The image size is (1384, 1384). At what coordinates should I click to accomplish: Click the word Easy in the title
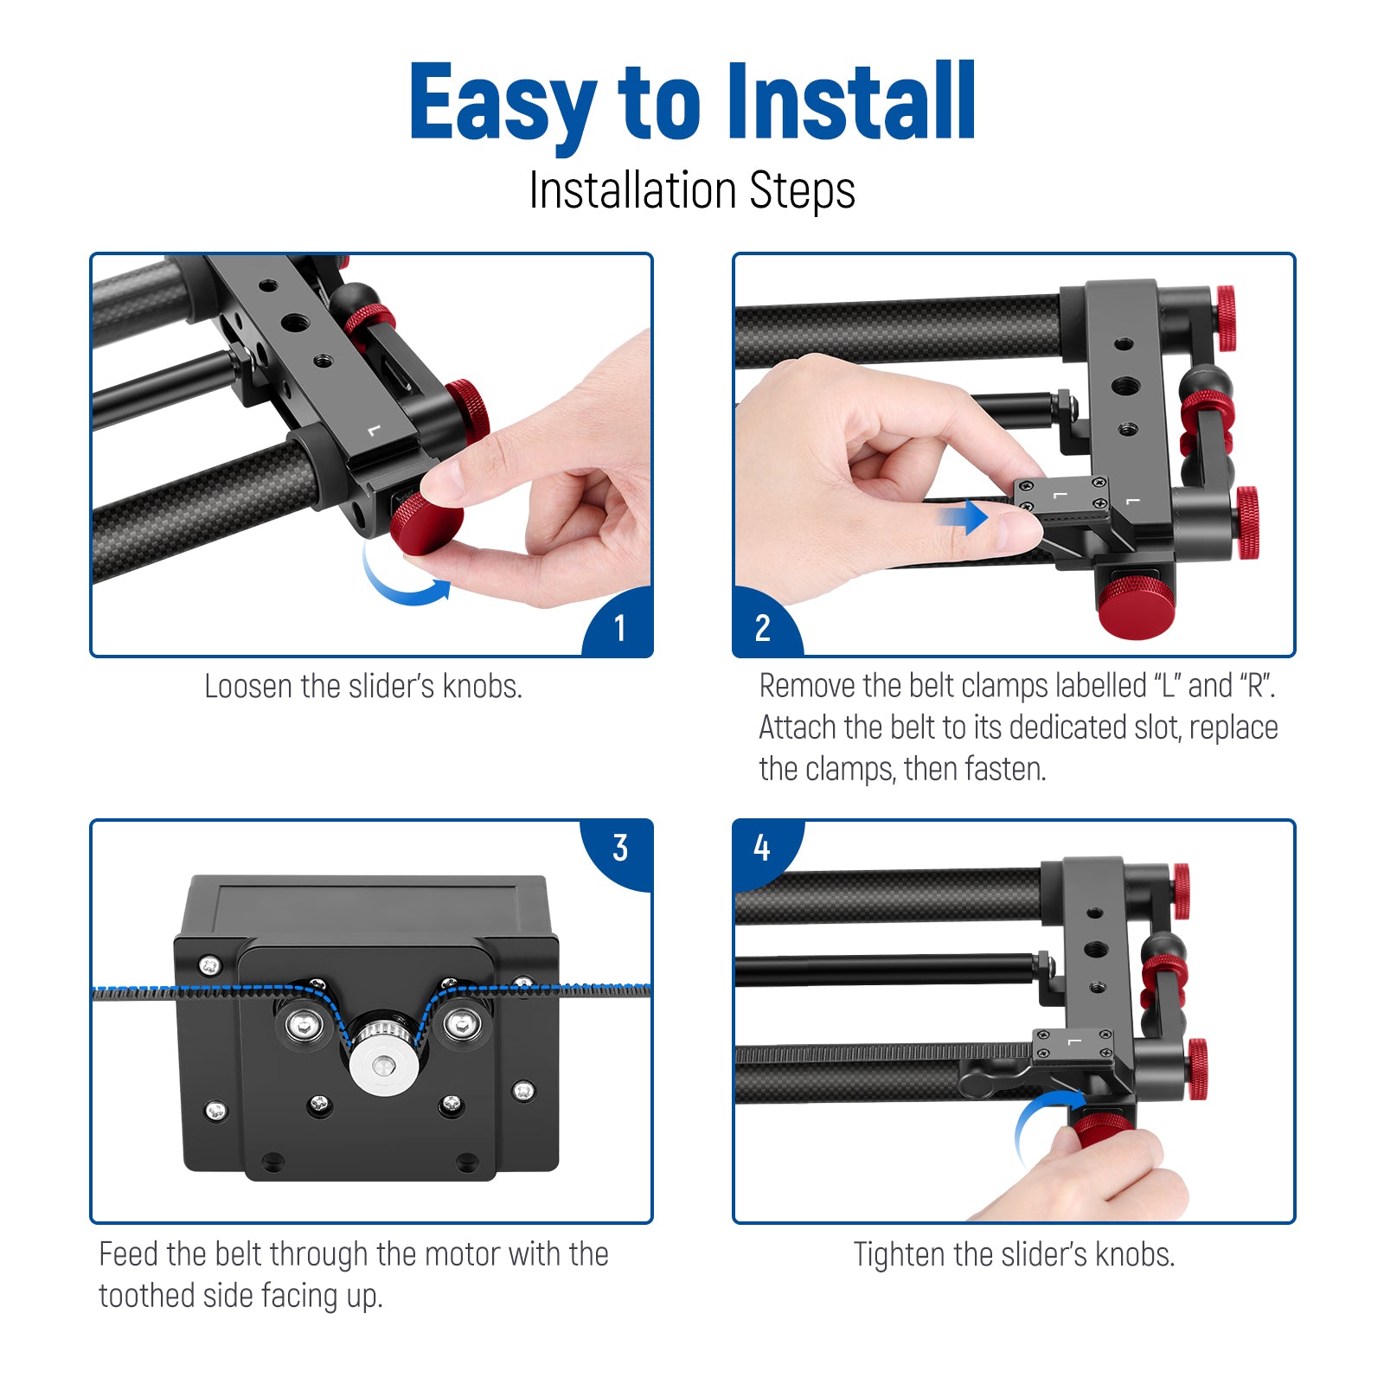(x=503, y=103)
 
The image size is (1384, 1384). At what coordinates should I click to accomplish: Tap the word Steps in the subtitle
(x=802, y=191)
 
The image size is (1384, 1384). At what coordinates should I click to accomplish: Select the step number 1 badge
(x=619, y=625)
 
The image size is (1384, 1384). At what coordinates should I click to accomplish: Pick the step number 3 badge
(x=618, y=851)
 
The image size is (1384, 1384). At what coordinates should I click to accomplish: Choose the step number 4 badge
(x=764, y=851)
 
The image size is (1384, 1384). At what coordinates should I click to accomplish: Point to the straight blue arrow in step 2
(x=964, y=517)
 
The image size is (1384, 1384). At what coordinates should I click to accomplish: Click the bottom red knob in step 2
(x=1136, y=606)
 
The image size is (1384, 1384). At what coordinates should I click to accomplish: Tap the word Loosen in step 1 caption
(x=247, y=687)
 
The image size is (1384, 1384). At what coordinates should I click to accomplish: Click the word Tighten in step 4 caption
(x=899, y=1255)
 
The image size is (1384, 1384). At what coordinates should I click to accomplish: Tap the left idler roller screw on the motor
(x=304, y=1027)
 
